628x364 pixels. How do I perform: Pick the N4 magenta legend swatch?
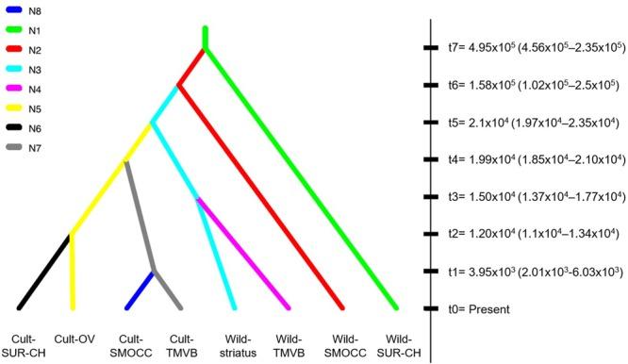(x=15, y=88)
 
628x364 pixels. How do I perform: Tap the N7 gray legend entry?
(x=25, y=147)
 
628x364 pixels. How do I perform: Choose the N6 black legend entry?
(x=25, y=127)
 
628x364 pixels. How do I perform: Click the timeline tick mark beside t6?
(x=430, y=85)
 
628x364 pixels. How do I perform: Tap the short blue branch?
(x=140, y=290)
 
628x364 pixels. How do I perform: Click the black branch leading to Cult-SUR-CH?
(x=44, y=272)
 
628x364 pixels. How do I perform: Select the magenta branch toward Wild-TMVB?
(x=242, y=253)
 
